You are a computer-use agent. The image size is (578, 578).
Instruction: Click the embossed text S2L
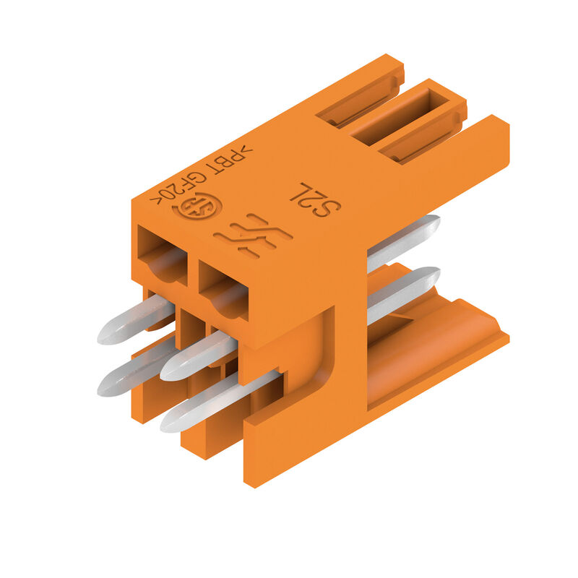[316, 200]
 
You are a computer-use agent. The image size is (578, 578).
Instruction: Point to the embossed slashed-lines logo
[254, 234]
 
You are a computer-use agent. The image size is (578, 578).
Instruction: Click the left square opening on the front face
[162, 255]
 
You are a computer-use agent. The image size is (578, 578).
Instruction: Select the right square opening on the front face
[224, 290]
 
